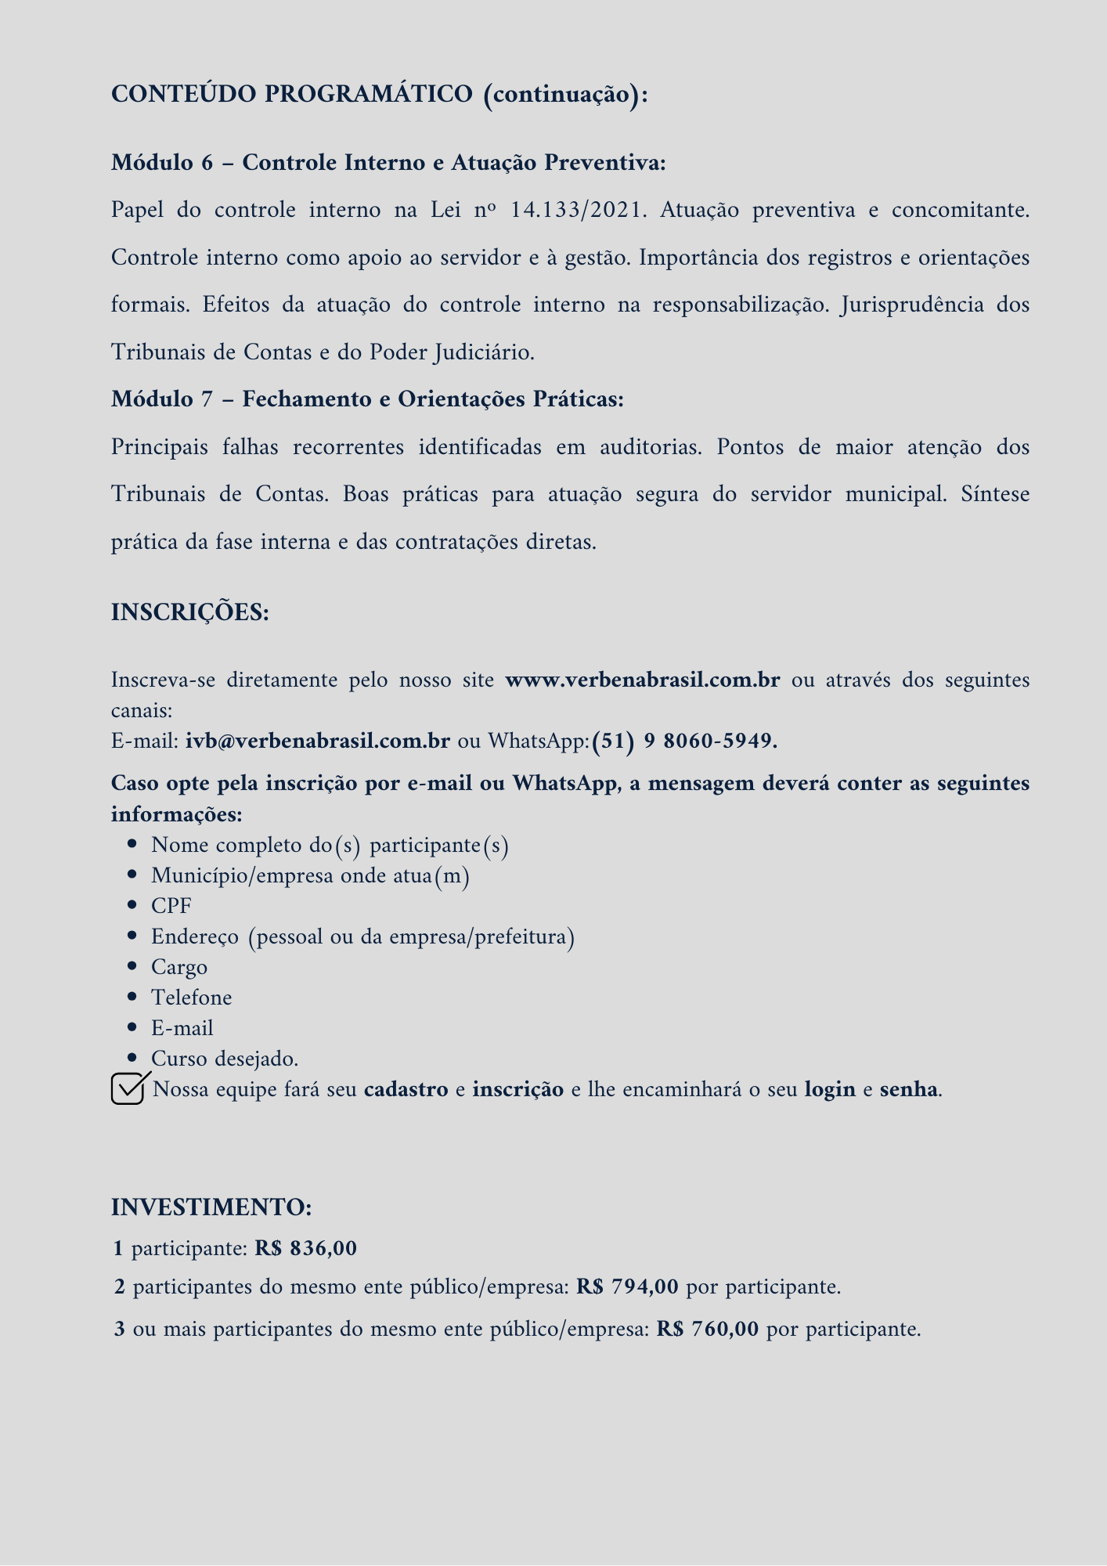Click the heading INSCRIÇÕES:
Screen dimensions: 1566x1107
[190, 612]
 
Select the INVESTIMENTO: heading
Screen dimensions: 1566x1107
[211, 1207]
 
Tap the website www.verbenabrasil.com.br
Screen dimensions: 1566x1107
[643, 680]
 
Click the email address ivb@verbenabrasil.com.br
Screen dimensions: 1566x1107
[317, 741]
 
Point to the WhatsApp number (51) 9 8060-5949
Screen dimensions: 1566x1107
[684, 741]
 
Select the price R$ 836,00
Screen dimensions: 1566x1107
[306, 1248]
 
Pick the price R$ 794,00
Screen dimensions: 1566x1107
[627, 1286]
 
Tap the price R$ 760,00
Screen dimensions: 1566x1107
[708, 1329]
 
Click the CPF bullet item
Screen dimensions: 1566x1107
[171, 906]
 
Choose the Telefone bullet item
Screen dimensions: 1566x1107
[192, 998]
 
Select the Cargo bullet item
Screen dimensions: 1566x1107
[179, 967]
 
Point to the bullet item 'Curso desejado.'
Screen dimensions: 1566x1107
[225, 1059]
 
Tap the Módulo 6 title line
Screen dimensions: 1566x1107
[388, 163]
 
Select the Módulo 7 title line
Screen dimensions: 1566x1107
[367, 399]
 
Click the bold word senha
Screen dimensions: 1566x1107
[908, 1089]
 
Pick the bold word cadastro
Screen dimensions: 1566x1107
[406, 1089]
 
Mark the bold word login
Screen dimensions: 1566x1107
[830, 1089]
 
